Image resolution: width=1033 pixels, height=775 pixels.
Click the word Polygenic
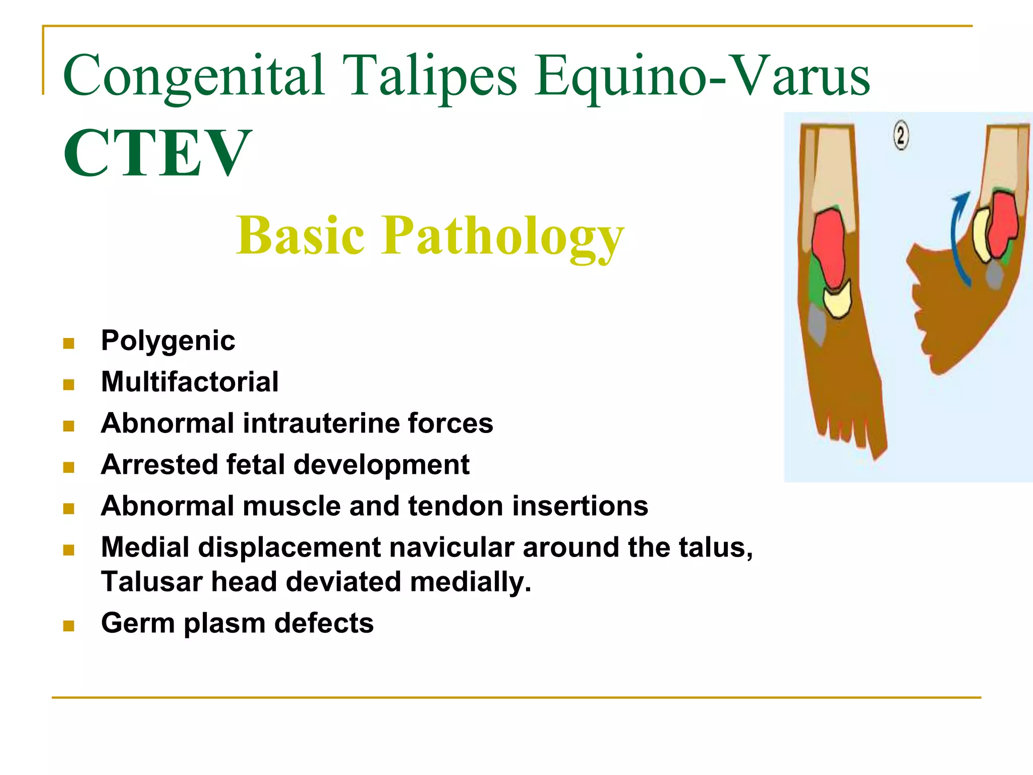click(168, 341)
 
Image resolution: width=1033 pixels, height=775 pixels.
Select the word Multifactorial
click(190, 382)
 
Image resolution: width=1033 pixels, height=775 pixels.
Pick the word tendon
click(455, 506)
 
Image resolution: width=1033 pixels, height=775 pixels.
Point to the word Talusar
click(152, 582)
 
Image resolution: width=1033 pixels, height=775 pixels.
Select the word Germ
click(138, 623)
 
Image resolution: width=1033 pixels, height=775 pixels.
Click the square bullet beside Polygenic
click(69, 344)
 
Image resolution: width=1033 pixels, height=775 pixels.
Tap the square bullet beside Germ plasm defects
click(69, 626)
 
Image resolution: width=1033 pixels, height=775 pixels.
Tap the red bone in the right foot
click(1003, 223)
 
